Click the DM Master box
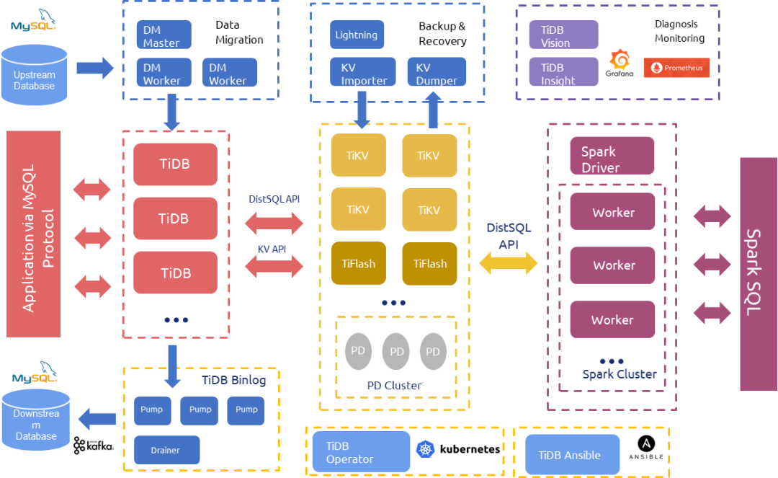point(164,35)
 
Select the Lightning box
point(356,35)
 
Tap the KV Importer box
point(363,72)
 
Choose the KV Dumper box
point(437,72)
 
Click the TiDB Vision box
point(563,35)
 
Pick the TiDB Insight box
point(563,72)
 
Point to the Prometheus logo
point(676,68)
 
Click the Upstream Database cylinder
point(35,76)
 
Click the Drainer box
point(166,450)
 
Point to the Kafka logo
point(94,446)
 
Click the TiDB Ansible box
point(573,455)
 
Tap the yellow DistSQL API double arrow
point(509,264)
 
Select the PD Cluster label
point(394,386)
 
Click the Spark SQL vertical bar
point(758,274)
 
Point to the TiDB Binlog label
point(233,380)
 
